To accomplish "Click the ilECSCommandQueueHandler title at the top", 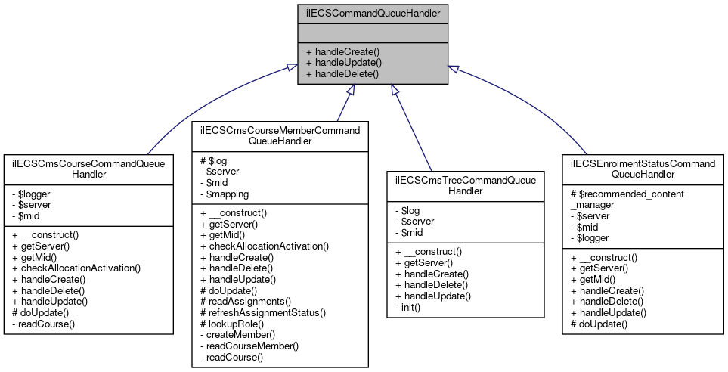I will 373,13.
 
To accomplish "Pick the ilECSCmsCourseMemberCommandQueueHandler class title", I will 280,135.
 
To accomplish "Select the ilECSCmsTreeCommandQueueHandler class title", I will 465,186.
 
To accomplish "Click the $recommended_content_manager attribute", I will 627,199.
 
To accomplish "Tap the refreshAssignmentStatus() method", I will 263,312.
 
